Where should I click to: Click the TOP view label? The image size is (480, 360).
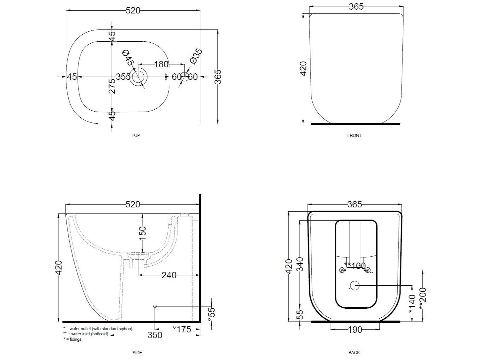click(136, 135)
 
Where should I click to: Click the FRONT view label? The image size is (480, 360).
click(354, 135)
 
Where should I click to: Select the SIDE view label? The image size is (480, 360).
click(137, 353)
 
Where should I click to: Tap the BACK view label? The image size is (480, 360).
click(354, 353)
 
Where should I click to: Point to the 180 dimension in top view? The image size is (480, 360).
click(161, 64)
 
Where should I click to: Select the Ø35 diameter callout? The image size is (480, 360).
click(196, 56)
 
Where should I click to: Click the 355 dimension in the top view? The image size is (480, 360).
click(123, 77)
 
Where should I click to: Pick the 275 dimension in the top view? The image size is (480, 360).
click(112, 86)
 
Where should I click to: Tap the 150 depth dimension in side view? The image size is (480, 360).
click(142, 233)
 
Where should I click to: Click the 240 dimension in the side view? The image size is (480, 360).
click(169, 275)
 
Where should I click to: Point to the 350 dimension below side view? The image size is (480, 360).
click(155, 335)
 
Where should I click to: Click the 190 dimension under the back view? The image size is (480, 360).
click(355, 330)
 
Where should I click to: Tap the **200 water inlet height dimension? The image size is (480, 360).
click(423, 298)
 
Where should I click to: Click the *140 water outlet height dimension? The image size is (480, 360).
click(412, 304)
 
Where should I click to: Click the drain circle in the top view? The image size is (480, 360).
click(139, 77)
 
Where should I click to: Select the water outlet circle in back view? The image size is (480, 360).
click(355, 285)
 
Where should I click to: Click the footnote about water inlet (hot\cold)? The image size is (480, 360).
click(86, 334)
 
